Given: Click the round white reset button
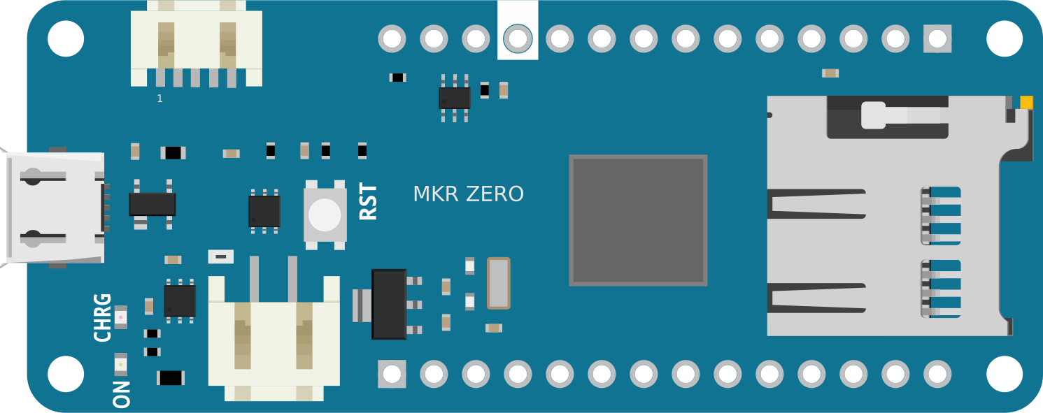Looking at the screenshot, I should tap(325, 215).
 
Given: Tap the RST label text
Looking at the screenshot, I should tap(369, 202).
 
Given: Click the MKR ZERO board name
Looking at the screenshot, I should tap(468, 194).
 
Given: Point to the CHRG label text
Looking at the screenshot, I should tap(103, 317).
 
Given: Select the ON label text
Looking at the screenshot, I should tap(122, 394).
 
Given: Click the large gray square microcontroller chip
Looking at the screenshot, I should tap(638, 220).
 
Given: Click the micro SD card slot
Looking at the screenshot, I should tap(888, 217).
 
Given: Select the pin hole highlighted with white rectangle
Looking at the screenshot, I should tap(518, 38).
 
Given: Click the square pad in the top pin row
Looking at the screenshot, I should tap(937, 38).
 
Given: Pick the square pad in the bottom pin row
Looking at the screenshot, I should tap(392, 374).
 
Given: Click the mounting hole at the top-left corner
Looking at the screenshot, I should tap(66, 38).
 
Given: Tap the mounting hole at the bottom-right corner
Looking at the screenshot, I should tap(1005, 374).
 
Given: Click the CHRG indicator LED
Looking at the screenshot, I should tap(120, 317).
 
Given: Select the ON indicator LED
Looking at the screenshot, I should tap(120, 364).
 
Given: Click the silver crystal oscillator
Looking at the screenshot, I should tap(498, 283).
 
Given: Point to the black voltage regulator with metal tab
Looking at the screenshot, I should tap(389, 305).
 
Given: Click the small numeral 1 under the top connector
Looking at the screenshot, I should tap(159, 99).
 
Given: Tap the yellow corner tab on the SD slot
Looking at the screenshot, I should tap(1026, 103).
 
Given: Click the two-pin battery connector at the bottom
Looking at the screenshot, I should tap(274, 335).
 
